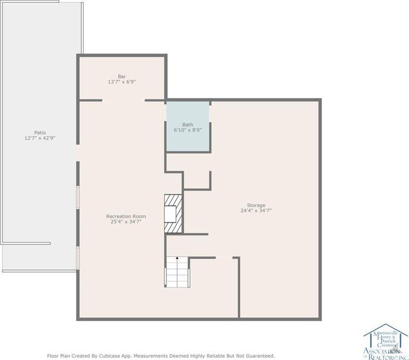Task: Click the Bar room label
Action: click(122, 76)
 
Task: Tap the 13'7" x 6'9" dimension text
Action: click(122, 82)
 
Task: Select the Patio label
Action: click(40, 132)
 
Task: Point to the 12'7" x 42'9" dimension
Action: click(40, 138)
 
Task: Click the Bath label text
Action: click(188, 125)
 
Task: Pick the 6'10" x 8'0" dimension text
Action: click(188, 130)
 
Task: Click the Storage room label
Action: click(256, 205)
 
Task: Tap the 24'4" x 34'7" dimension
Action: click(256, 211)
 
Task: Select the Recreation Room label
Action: click(126, 216)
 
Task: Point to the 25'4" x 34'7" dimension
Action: click(126, 222)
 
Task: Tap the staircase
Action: click(177, 271)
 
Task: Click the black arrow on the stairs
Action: click(177, 258)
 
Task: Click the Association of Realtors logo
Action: click(386, 341)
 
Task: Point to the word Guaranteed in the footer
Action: click(261, 356)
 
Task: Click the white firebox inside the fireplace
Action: click(170, 214)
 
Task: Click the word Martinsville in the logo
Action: click(385, 333)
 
